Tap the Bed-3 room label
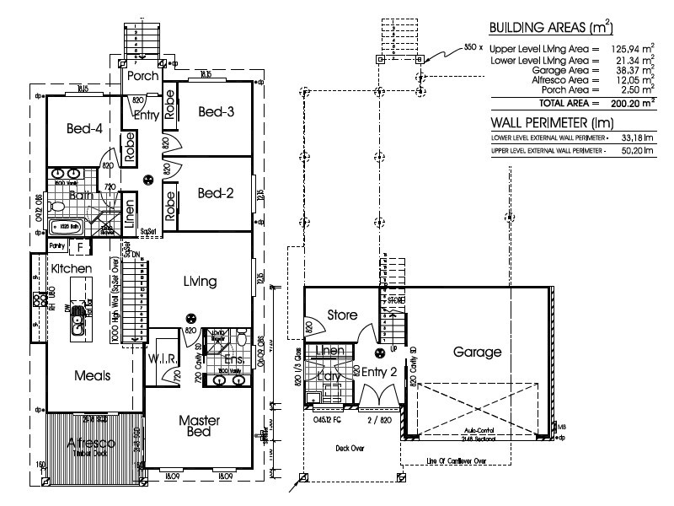click(x=216, y=111)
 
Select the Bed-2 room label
click(x=216, y=193)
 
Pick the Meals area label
click(x=92, y=374)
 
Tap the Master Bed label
click(x=200, y=425)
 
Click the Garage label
click(x=477, y=352)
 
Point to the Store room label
click(x=343, y=315)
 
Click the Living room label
click(x=199, y=281)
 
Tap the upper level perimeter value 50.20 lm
click(x=634, y=151)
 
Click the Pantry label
click(x=57, y=245)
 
